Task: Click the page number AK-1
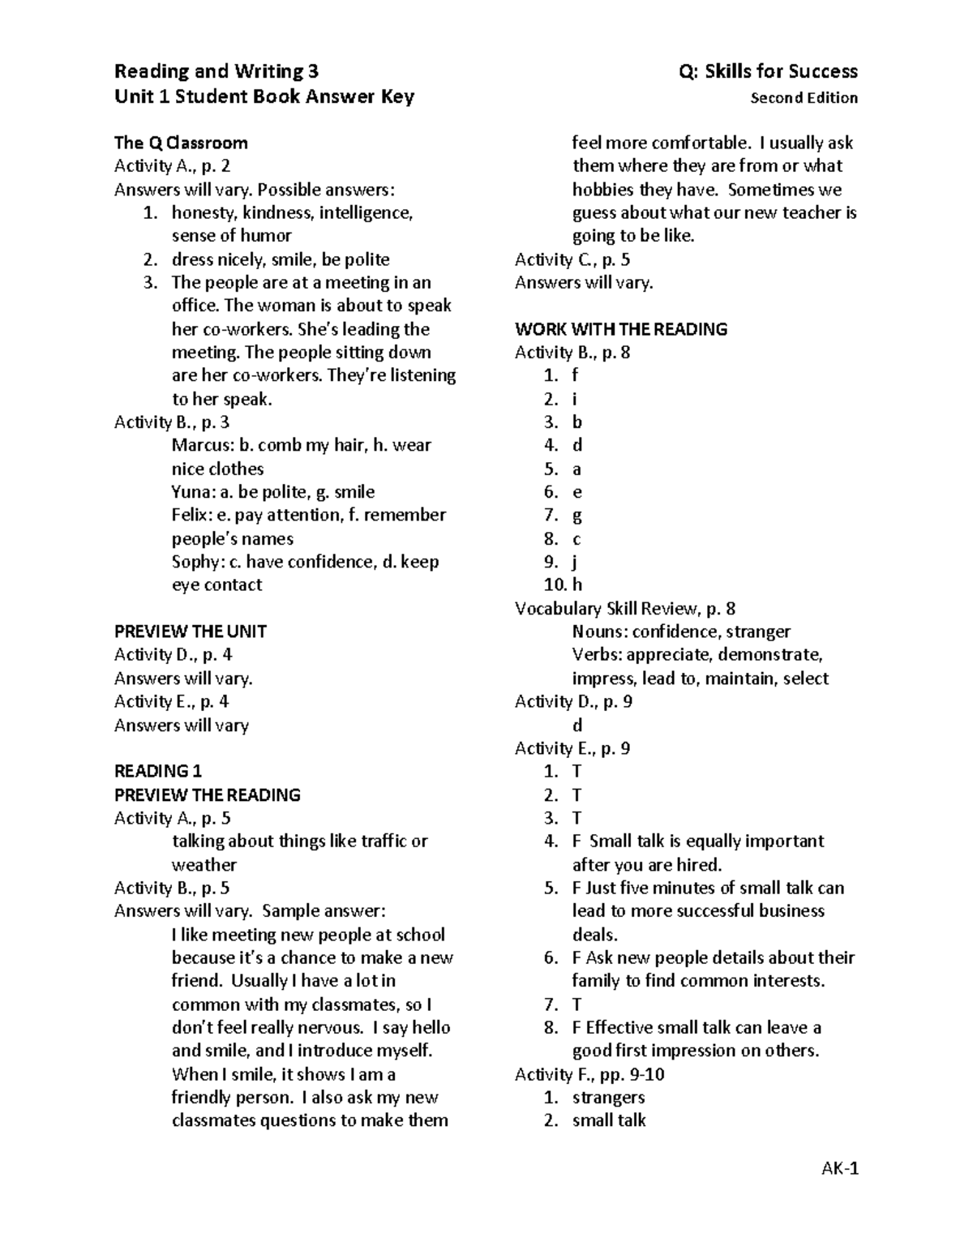(x=839, y=1168)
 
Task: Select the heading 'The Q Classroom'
(x=181, y=143)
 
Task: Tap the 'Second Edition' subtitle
(x=804, y=98)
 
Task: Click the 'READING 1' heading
(x=158, y=771)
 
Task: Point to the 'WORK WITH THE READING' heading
(x=620, y=329)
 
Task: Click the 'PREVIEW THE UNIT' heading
(x=191, y=632)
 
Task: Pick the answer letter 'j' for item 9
(x=576, y=563)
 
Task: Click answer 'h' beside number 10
(x=577, y=585)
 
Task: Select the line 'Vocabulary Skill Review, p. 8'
(x=624, y=609)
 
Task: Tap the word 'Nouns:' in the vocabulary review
(x=599, y=632)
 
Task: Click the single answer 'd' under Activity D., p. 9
(x=577, y=726)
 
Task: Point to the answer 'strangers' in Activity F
(x=608, y=1098)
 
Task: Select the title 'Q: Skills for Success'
(x=768, y=71)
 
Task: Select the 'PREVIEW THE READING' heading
(x=208, y=795)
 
